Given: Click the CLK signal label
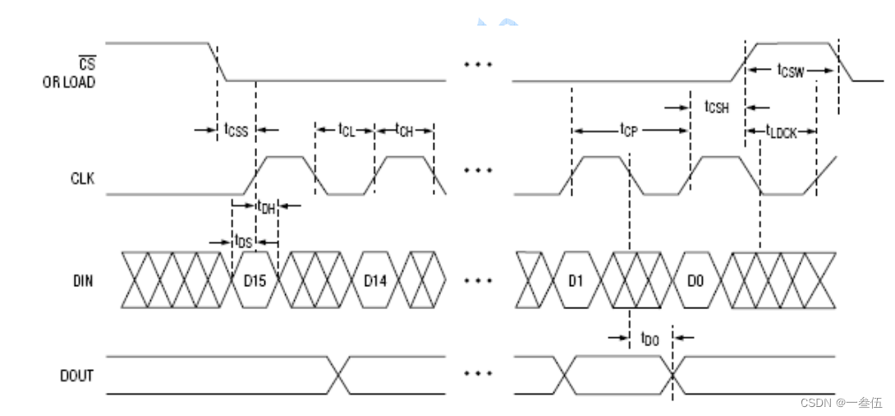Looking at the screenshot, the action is [83, 179].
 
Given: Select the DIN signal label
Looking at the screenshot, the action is [83, 281].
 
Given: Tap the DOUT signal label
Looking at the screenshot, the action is [76, 376].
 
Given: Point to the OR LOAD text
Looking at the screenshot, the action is [68, 82].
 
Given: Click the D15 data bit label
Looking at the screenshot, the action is [255, 281].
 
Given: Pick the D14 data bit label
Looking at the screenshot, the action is [376, 281].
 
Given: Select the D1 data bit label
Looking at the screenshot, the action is [576, 281].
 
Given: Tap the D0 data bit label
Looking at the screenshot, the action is [695, 281].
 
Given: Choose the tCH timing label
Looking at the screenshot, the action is [404, 130].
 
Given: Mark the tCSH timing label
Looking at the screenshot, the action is [717, 107].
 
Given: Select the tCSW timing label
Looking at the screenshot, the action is [791, 71].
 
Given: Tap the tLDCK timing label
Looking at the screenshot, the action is [781, 132].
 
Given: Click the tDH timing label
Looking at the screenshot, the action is [267, 207].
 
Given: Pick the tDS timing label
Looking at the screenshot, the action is [243, 241].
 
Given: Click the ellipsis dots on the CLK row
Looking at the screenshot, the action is [478, 169].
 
